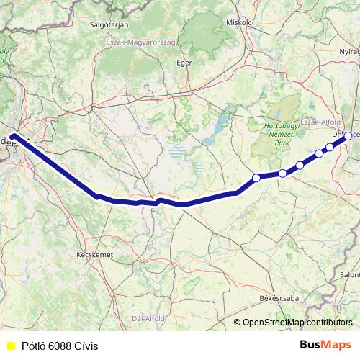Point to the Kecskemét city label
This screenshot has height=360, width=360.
pyautogui.click(x=95, y=255)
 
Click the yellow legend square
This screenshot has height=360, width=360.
pyautogui.click(x=9, y=346)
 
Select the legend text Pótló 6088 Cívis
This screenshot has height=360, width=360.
pyautogui.click(x=60, y=346)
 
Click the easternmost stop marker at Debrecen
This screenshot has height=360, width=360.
pyautogui.click(x=348, y=135)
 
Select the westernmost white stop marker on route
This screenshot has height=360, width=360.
pyautogui.click(x=256, y=178)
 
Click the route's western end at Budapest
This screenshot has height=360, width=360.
pyautogui.click(x=14, y=135)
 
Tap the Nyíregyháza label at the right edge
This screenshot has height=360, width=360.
pyautogui.click(x=349, y=53)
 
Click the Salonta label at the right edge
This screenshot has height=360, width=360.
pyautogui.click(x=350, y=274)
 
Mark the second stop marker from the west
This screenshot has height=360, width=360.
pyautogui.click(x=283, y=173)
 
